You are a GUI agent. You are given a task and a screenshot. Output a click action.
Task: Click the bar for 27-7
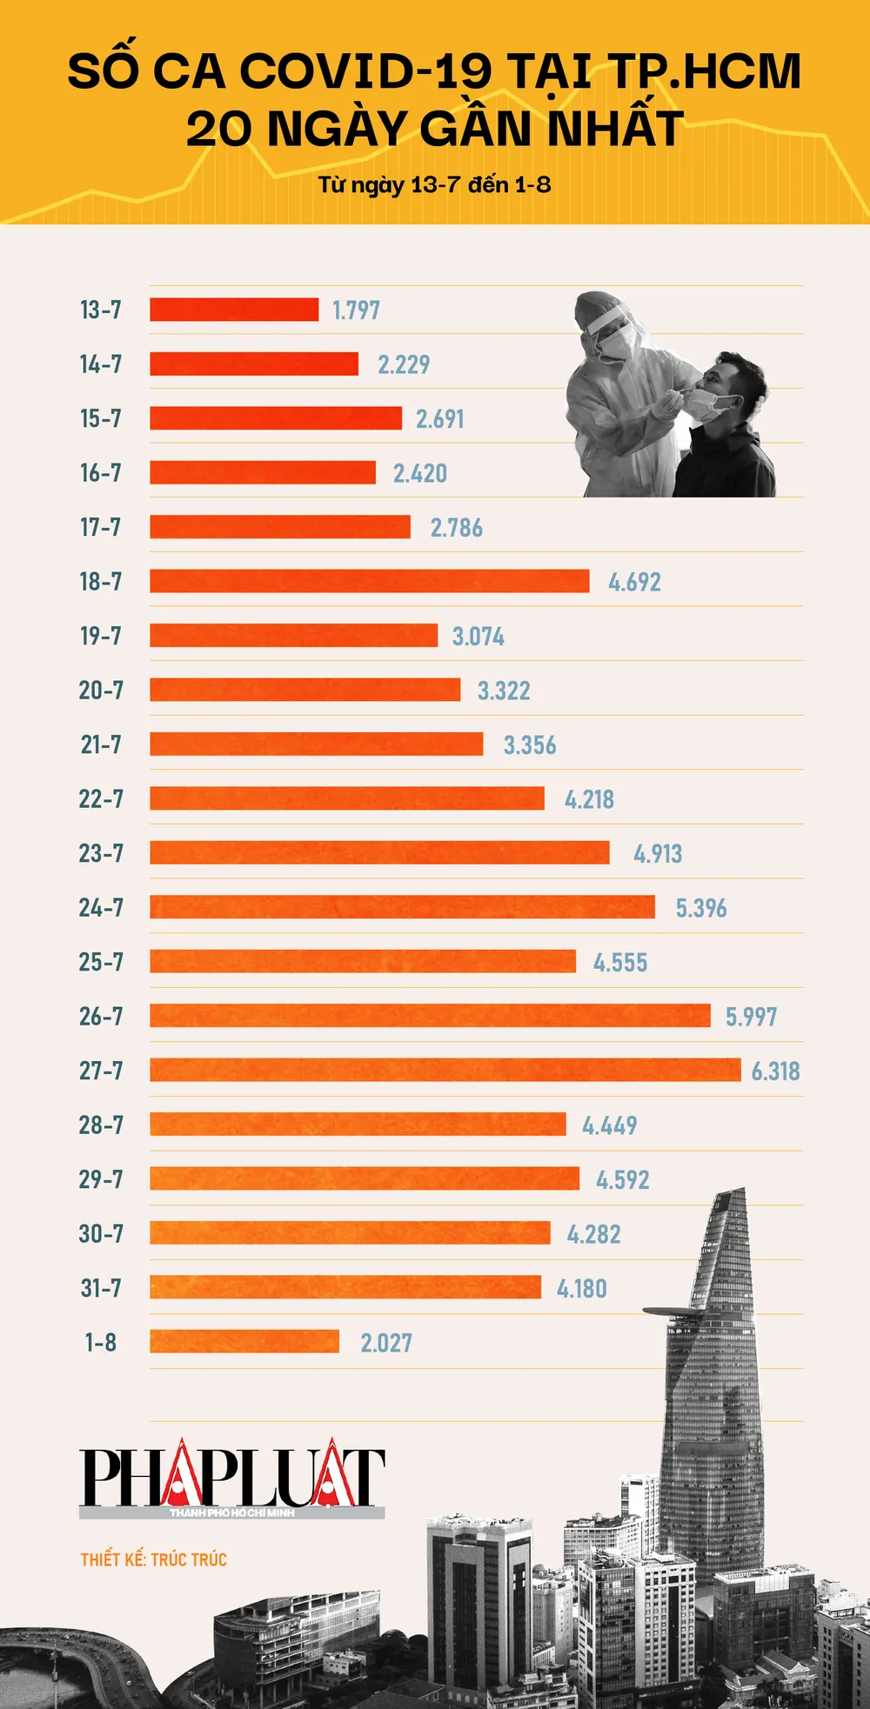coord(445,1070)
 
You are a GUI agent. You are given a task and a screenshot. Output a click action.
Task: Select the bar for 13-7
coord(234,310)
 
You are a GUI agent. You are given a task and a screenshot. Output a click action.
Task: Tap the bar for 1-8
coord(244,1341)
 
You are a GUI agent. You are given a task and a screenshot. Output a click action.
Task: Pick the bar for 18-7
coord(369,581)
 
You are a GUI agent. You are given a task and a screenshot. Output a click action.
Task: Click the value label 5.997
coord(751,1017)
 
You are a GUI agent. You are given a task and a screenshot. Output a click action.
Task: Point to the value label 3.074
coord(478,637)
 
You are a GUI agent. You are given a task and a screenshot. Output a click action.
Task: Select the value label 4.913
coord(658,854)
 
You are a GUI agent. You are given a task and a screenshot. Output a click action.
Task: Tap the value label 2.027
coord(386,1343)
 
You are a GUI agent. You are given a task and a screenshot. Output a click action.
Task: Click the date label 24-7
coord(101,908)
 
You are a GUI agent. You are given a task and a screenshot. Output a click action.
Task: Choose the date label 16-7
coord(101,473)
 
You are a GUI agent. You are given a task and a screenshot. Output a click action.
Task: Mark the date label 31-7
coord(101,1288)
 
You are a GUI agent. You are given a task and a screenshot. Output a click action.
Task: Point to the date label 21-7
coord(101,744)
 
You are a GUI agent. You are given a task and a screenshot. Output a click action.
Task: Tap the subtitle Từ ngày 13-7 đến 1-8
coord(434,184)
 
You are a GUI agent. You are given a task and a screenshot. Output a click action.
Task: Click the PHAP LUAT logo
coord(231,1479)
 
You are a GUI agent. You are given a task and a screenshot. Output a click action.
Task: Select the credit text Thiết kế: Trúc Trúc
coord(153,1559)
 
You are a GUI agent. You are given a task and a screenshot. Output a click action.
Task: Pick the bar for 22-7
coord(347,798)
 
